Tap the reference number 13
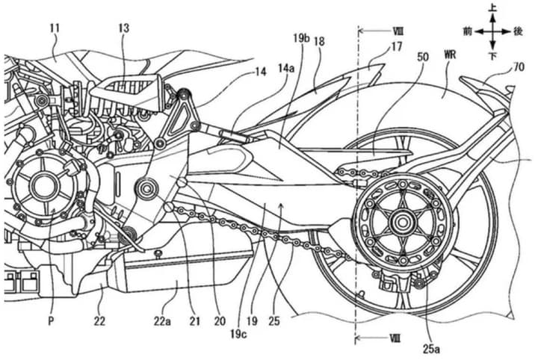[123, 28]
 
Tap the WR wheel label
[450, 56]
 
